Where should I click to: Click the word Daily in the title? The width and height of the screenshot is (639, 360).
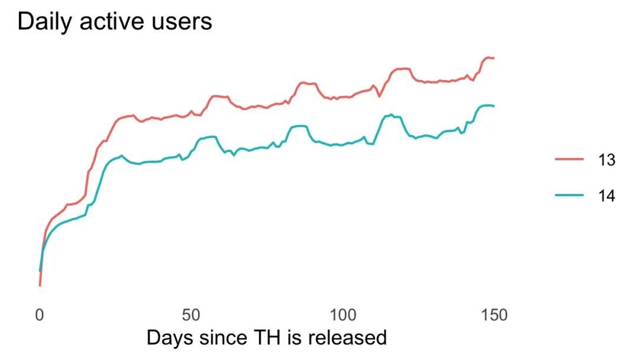coord(44,22)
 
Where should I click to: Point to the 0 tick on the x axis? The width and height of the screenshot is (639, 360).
coord(40,315)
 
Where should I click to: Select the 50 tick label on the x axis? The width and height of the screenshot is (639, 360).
coord(191,315)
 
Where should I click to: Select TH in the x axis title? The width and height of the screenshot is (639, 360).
coord(266,338)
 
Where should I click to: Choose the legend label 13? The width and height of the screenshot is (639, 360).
coord(607,160)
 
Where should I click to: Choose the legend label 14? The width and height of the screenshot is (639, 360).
coord(607,196)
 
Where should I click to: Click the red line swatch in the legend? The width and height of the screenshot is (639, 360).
coord(569,160)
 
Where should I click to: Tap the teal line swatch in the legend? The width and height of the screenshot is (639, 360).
coord(569,196)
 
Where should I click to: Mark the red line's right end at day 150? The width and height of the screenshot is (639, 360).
coord(493,58)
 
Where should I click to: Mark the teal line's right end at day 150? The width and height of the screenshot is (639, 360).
coord(493,106)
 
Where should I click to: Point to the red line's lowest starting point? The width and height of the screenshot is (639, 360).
coord(40,285)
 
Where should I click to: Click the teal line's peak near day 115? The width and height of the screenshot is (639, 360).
coord(391,114)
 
